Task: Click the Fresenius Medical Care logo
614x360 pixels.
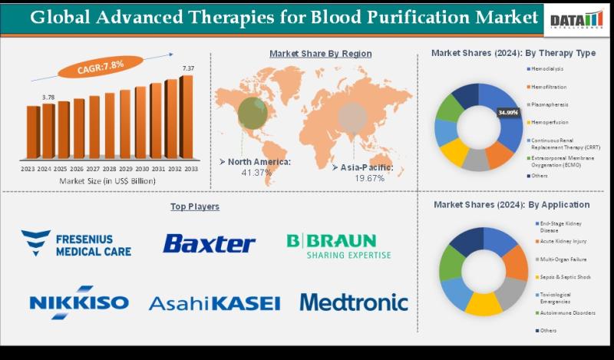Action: (x=76, y=243)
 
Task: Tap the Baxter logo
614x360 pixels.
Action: (x=209, y=244)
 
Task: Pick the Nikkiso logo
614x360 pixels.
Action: (x=79, y=302)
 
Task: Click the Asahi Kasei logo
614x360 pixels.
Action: (x=214, y=303)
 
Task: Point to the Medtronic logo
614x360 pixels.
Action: (x=354, y=302)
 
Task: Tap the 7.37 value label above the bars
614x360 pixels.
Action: (x=188, y=69)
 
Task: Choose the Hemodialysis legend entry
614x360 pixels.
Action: (x=549, y=69)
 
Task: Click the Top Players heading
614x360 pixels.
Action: (x=195, y=206)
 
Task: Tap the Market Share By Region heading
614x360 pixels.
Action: (x=320, y=54)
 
